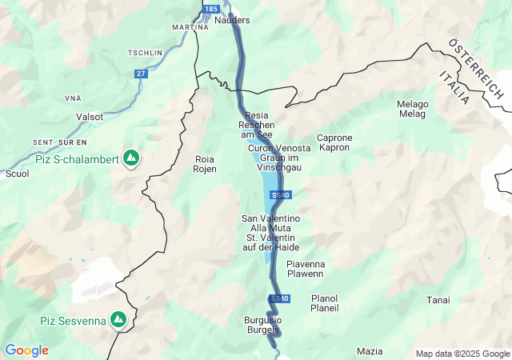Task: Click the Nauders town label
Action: (x=233, y=20)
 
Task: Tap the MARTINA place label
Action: (x=190, y=27)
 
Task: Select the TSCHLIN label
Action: (x=144, y=53)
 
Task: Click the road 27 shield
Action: (x=141, y=74)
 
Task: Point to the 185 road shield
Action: (x=210, y=9)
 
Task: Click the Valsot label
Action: (x=90, y=116)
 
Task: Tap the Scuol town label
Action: (x=17, y=173)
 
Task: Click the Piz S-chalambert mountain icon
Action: (x=130, y=158)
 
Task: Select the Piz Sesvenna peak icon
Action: (x=118, y=320)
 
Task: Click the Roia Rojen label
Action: (x=206, y=164)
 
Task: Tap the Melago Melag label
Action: (x=413, y=110)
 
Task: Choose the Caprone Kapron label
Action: (x=334, y=142)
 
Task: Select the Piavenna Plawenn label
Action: (x=305, y=268)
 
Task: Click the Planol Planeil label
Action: (x=325, y=302)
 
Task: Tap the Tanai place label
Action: (x=438, y=300)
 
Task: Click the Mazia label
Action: (x=370, y=351)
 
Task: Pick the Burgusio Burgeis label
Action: (x=262, y=325)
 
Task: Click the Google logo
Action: (x=26, y=350)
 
